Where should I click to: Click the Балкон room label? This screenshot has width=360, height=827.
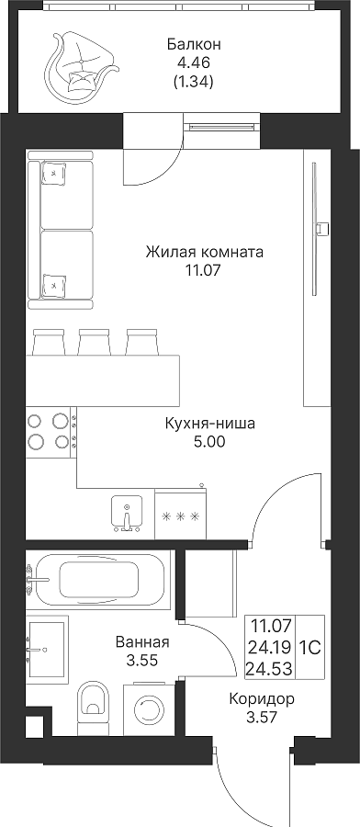click(x=194, y=44)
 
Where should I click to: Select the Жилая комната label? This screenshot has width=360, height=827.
click(x=205, y=252)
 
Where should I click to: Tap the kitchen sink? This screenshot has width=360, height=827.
click(x=127, y=512)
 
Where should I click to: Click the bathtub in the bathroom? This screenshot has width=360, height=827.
click(x=99, y=580)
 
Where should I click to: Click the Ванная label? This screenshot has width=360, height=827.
click(x=142, y=642)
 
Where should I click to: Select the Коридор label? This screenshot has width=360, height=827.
click(x=262, y=699)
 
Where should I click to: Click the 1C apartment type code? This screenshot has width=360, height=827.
click(x=310, y=647)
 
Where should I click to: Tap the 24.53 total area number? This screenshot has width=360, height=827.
click(x=270, y=670)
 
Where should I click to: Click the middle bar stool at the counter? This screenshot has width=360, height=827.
click(x=95, y=342)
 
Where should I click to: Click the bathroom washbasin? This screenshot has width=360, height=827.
click(x=47, y=648)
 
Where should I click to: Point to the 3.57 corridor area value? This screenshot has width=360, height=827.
click(x=262, y=718)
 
